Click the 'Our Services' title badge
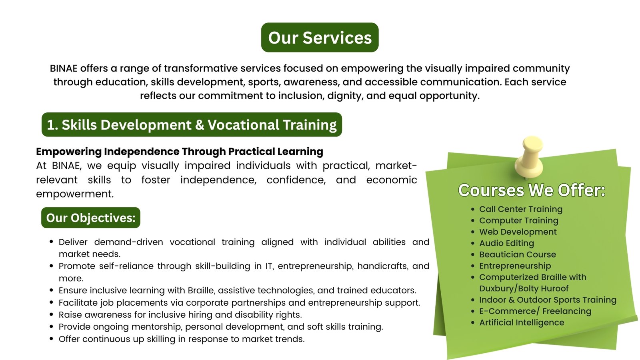320,38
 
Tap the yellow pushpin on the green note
530,157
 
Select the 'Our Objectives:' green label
90,218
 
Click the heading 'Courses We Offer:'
532,190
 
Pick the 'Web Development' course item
518,232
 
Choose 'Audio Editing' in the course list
506,243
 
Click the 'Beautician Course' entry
518,254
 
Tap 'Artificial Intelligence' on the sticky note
522,322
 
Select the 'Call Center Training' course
520,209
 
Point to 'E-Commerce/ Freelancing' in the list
535,311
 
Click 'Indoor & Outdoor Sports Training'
548,300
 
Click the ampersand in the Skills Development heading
200,125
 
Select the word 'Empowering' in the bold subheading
68,152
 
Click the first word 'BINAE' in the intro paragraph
64,68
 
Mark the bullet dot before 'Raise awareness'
52,314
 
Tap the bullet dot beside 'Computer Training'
473,220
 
